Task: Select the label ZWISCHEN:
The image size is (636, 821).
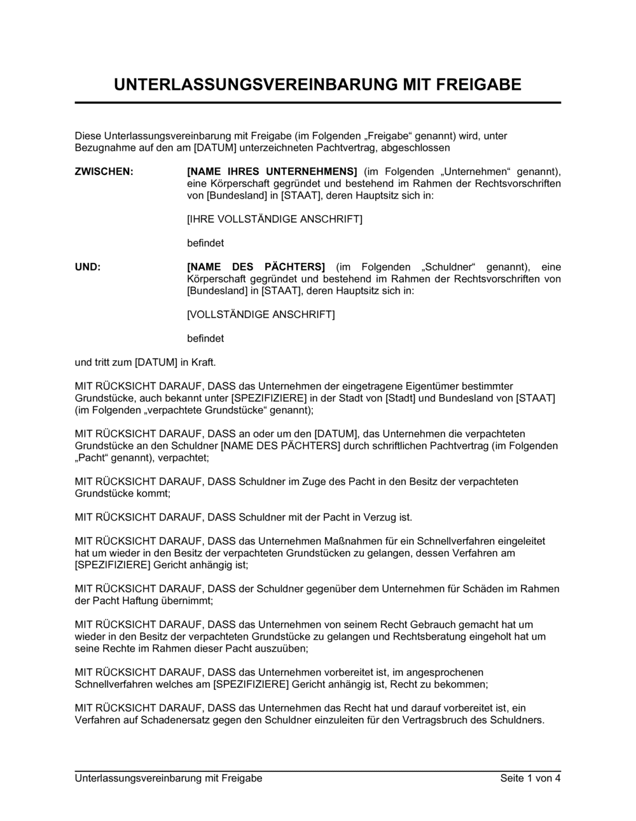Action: [x=104, y=172]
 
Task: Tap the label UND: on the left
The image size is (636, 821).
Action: [x=88, y=267]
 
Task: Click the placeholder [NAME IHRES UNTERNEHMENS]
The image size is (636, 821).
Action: [x=272, y=172]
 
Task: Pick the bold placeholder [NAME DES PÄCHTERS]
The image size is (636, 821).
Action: [x=256, y=267]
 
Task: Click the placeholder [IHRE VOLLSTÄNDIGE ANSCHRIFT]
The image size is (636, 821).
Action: [x=274, y=220]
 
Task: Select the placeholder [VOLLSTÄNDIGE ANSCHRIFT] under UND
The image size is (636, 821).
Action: [x=261, y=315]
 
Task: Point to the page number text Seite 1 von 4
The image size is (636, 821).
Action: [x=530, y=778]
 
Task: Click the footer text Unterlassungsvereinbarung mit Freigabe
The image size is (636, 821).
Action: [x=169, y=778]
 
